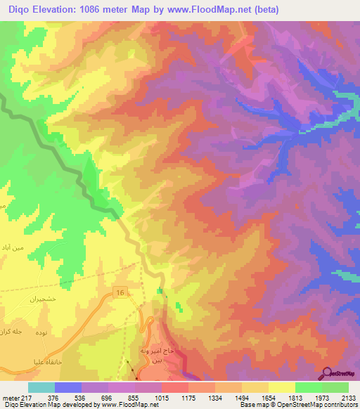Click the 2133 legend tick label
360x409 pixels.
coord(347,398)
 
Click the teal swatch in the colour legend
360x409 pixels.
coord(41,387)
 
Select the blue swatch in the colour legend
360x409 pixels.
coord(68,387)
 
